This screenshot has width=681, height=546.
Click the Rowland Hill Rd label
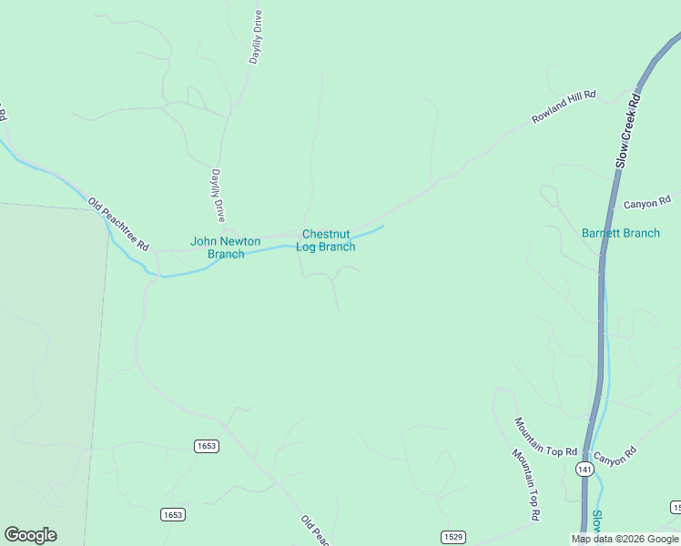pos(564,107)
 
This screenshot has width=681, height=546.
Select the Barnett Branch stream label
pos(621,234)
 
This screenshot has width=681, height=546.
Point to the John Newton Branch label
pos(226,248)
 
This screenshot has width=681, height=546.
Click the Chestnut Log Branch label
pos(326,240)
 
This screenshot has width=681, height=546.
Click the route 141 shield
pos(584,469)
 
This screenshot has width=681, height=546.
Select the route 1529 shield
pos(453,537)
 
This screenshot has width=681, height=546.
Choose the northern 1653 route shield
pos(207,445)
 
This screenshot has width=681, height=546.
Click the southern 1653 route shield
pos(173,515)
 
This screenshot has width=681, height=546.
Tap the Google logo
pos(30,535)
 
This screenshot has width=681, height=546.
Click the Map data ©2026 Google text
pos(625,539)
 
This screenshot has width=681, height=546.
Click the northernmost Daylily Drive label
pos(257,36)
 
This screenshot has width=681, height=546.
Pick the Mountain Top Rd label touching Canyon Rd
pos(545,438)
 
